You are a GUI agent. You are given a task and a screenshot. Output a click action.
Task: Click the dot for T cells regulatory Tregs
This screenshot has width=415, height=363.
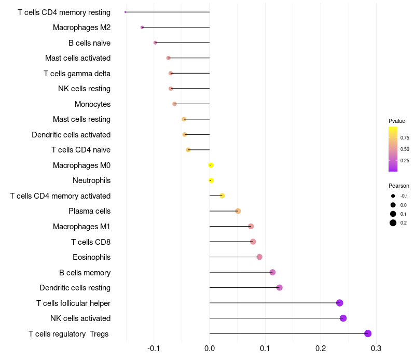tap(368, 333)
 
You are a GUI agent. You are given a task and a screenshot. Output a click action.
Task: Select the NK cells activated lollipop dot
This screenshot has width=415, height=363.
tap(343, 318)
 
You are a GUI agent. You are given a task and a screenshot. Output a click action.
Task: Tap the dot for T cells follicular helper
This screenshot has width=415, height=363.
tap(340, 303)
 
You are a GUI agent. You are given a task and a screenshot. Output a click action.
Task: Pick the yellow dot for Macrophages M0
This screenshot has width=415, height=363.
tap(211, 165)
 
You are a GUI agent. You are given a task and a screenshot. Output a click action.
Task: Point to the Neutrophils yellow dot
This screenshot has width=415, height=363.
tap(211, 180)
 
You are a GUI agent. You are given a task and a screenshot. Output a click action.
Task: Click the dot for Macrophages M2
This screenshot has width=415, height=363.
tap(142, 27)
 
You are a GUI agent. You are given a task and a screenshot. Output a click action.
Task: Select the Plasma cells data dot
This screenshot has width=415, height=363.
tap(238, 211)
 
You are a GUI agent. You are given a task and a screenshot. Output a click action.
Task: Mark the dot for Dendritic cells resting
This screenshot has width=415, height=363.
tap(280, 288)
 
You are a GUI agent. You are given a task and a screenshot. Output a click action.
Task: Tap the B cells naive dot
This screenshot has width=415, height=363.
tap(155, 43)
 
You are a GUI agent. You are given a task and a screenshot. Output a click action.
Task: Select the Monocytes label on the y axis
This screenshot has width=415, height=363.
tap(92, 104)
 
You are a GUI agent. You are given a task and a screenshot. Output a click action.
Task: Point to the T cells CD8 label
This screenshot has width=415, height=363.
tap(91, 242)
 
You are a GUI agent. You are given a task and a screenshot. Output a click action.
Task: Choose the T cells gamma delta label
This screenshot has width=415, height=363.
tap(77, 74)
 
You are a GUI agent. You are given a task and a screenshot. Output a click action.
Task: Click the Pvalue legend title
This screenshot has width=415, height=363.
tap(397, 121)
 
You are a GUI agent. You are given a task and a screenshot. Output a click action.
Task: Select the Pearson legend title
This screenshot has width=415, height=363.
tap(399, 186)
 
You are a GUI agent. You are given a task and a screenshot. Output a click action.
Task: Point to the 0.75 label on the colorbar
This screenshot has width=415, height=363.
tap(405, 138)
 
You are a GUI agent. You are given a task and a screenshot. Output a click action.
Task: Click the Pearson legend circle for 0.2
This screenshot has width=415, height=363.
tap(393, 223)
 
